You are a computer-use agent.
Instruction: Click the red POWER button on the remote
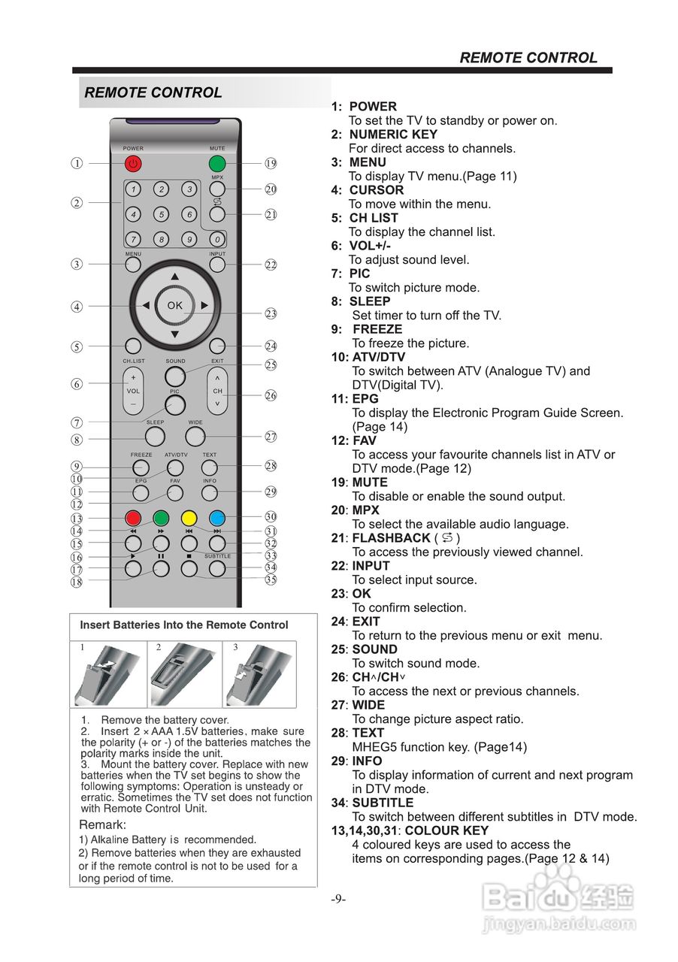[133, 163]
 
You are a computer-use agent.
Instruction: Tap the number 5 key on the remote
[162, 214]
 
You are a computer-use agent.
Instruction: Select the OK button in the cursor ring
[174, 305]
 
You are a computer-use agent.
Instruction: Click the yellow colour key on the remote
[189, 517]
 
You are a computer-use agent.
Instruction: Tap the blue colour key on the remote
[216, 517]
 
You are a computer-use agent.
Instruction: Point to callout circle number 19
[271, 163]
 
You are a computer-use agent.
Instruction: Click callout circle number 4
[77, 307]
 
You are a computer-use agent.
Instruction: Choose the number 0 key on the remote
[216, 240]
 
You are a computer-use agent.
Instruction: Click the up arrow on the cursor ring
[174, 277]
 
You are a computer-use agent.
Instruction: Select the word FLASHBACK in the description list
[391, 538]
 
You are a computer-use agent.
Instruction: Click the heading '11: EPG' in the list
[355, 399]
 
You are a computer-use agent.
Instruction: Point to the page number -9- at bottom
[338, 899]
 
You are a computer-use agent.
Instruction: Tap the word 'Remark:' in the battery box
[102, 824]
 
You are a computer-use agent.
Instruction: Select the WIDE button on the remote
[195, 436]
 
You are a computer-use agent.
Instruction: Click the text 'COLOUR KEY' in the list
[446, 830]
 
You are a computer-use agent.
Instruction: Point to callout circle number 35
[271, 579]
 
